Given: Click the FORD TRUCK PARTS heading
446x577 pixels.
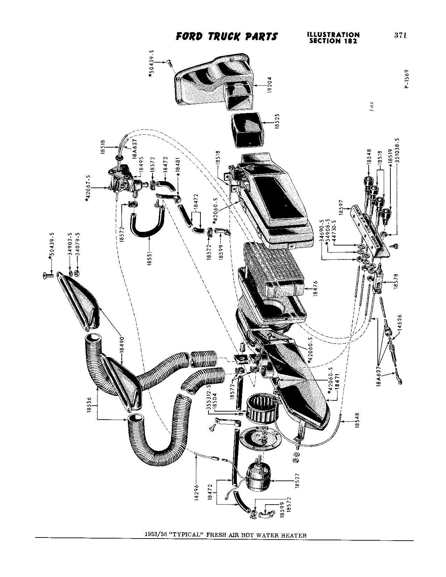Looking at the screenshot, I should point(227,37).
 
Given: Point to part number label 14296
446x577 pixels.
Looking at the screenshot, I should point(196,494).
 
